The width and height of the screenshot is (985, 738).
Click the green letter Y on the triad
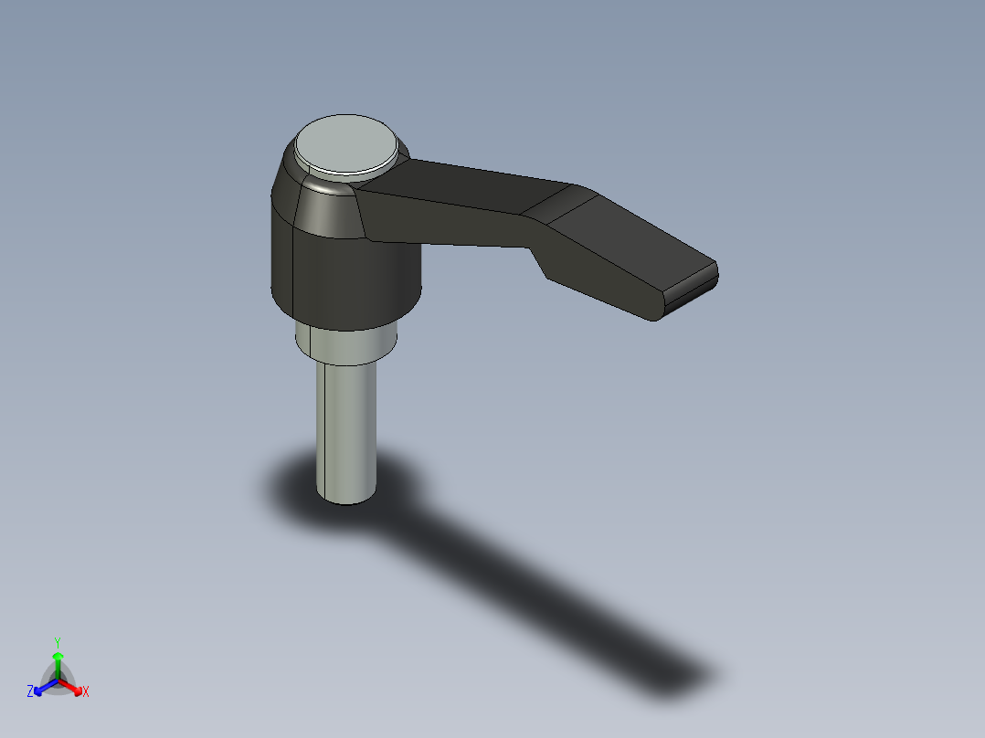point(58,641)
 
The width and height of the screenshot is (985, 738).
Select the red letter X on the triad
point(85,691)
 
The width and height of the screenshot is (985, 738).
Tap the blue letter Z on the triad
point(30,691)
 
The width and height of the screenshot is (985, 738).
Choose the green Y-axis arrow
point(58,662)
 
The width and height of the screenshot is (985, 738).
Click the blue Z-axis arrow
point(42,688)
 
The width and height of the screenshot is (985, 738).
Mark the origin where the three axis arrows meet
point(58,680)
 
